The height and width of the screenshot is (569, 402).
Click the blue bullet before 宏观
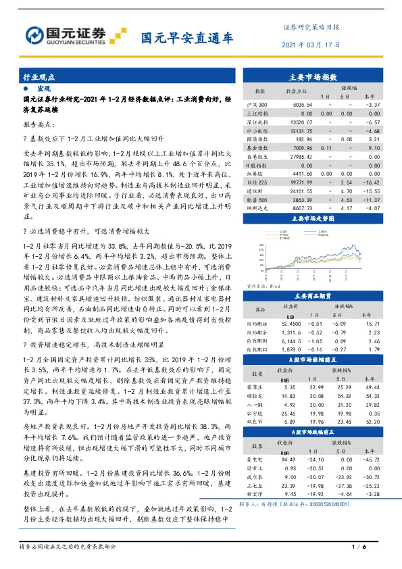26,89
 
